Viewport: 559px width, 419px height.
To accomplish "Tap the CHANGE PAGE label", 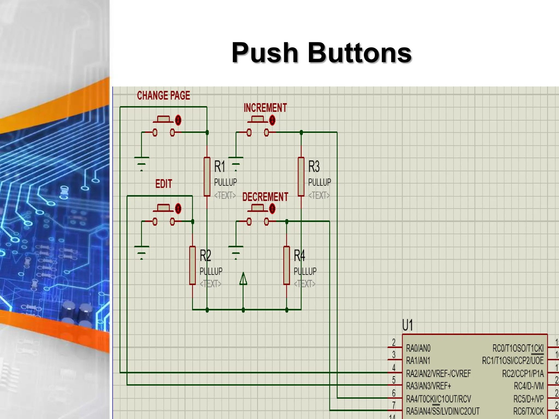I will (163, 95).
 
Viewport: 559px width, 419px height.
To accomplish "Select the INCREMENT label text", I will (265, 108).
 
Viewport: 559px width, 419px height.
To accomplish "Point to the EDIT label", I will (164, 184).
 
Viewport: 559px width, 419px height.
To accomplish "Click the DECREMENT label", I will (265, 197).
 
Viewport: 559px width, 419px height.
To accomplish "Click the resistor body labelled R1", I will (207, 176).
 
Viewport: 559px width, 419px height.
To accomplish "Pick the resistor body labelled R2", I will (192, 265).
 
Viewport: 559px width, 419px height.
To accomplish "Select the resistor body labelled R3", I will (301, 176).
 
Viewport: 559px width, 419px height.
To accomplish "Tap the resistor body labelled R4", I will (287, 265).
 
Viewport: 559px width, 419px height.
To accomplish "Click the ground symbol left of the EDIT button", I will (141, 252).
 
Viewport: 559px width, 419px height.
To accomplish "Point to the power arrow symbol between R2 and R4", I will (243, 279).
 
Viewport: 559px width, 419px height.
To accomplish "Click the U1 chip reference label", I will (408, 325).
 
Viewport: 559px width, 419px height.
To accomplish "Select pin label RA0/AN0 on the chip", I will (418, 348).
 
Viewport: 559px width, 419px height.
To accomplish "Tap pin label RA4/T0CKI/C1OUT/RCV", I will (438, 399).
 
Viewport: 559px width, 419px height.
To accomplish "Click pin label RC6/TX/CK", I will (528, 411).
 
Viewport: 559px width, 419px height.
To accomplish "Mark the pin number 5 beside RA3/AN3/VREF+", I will (394, 380).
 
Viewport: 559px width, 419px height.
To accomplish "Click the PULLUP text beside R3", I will (319, 182).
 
